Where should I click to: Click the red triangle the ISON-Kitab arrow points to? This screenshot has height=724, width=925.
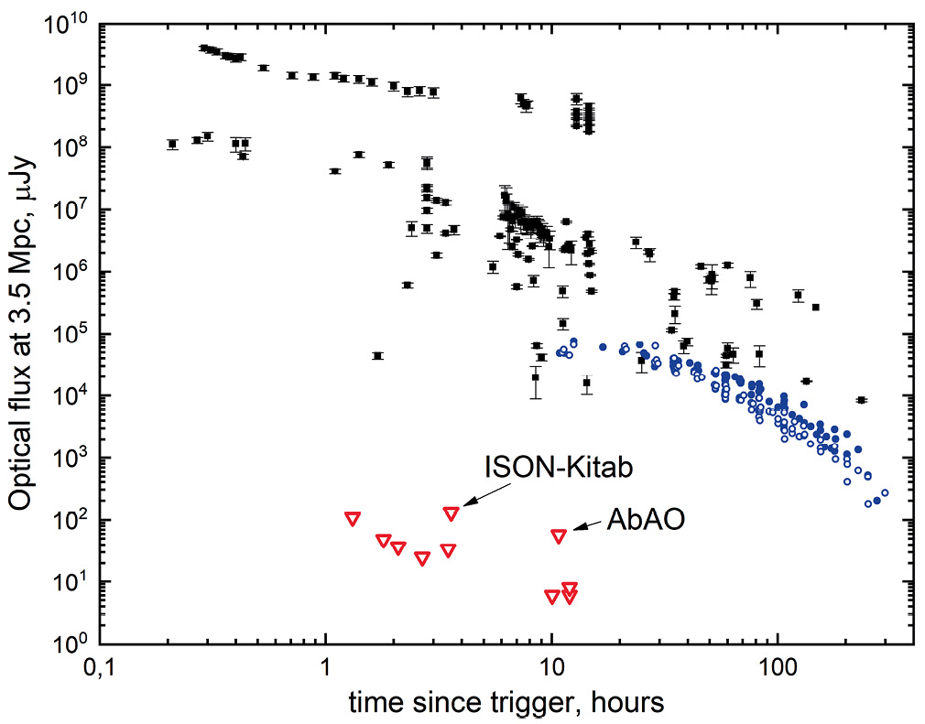pos(451,513)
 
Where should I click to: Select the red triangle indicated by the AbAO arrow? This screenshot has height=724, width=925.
pos(559,535)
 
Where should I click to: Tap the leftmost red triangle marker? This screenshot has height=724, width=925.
pos(353,518)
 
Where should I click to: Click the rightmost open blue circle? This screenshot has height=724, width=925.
pos(885,493)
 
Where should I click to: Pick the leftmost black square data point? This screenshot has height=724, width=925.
pos(172,144)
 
